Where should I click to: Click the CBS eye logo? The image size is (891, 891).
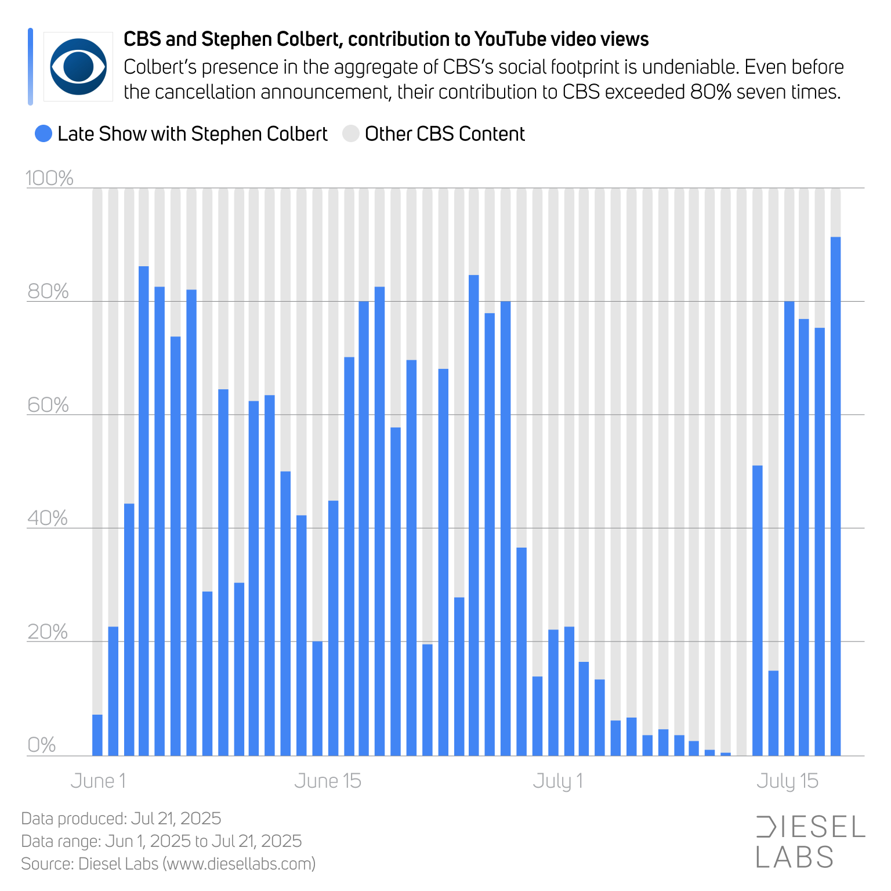pyautogui.click(x=78, y=67)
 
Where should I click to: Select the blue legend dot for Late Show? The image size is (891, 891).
pyautogui.click(x=44, y=134)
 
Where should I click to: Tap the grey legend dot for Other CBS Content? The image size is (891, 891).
pyautogui.click(x=351, y=134)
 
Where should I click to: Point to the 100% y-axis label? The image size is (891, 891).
pyautogui.click(x=49, y=178)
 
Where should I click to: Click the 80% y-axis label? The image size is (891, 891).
pyautogui.click(x=48, y=291)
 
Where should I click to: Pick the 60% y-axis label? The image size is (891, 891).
pyautogui.click(x=48, y=405)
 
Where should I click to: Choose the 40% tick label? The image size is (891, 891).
pyautogui.click(x=48, y=518)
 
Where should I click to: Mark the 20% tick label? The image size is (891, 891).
pyautogui.click(x=48, y=632)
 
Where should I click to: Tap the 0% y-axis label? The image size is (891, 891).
pyautogui.click(x=42, y=745)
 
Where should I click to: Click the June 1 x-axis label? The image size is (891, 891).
pyautogui.click(x=98, y=781)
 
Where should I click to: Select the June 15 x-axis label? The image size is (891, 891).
pyautogui.click(x=328, y=781)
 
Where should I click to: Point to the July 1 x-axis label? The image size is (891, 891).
pyautogui.click(x=557, y=781)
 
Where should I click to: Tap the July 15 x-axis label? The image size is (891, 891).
pyautogui.click(x=787, y=781)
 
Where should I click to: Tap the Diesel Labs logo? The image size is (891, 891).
pyautogui.click(x=810, y=842)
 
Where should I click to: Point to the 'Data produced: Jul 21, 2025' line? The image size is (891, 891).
pyautogui.click(x=121, y=818)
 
